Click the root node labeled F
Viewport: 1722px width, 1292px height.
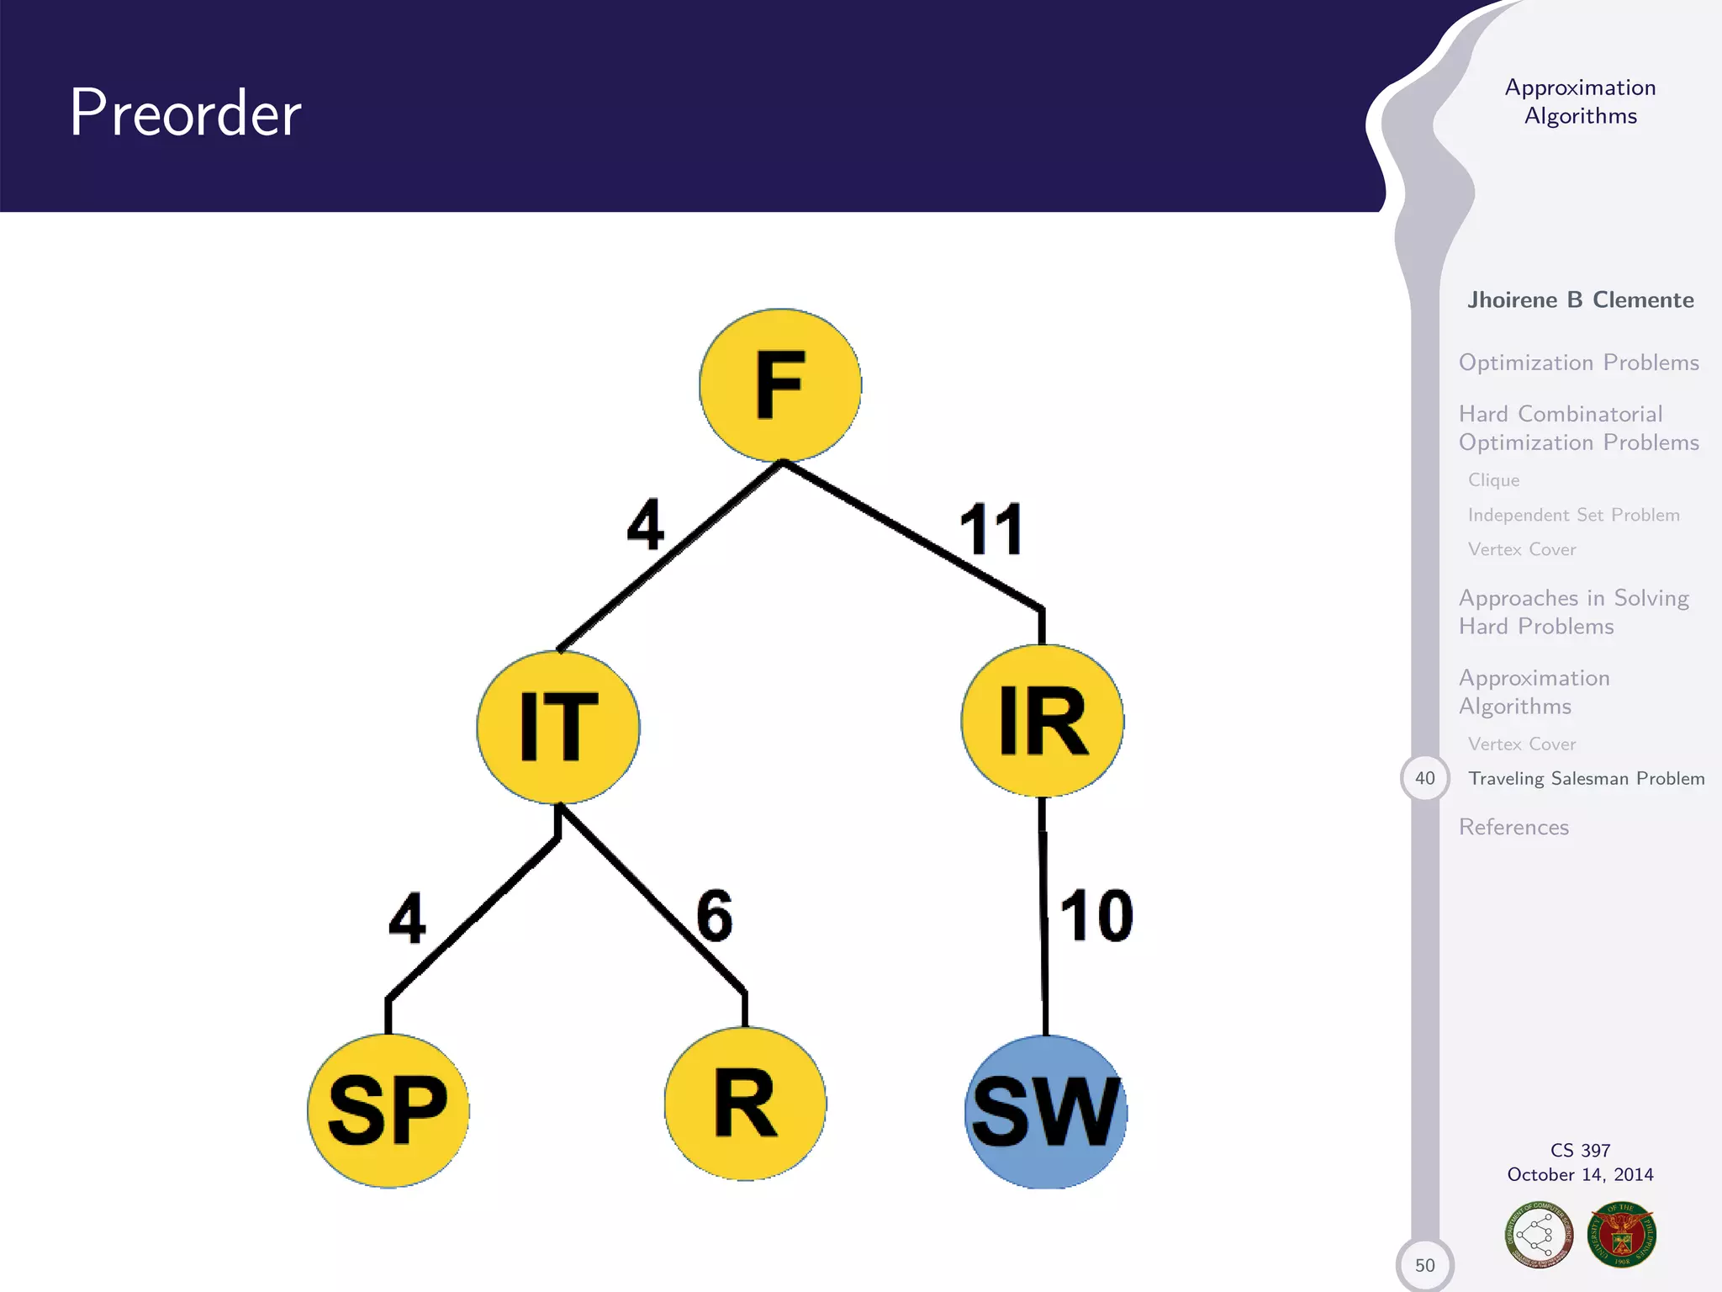click(x=780, y=384)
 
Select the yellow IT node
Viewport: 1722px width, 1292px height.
click(x=558, y=727)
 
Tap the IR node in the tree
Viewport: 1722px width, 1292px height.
click(x=1043, y=721)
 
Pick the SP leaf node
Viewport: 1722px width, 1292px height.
click(x=388, y=1110)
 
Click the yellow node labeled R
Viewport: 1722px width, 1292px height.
click(x=745, y=1104)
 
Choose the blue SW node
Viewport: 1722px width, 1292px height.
click(x=1046, y=1111)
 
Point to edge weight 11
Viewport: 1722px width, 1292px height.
click(x=991, y=530)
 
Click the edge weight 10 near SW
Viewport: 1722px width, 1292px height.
click(x=1096, y=915)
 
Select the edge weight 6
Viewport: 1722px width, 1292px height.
click(x=715, y=915)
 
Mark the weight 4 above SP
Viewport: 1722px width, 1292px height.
click(x=407, y=919)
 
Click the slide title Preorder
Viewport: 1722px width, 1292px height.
click(x=185, y=113)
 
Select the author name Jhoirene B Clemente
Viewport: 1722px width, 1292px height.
click(x=1580, y=300)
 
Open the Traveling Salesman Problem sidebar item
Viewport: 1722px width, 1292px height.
click(x=1586, y=779)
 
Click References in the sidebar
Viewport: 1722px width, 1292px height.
click(x=1513, y=828)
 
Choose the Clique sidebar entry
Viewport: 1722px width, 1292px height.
click(x=1493, y=480)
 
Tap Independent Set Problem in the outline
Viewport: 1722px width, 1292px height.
click(x=1573, y=515)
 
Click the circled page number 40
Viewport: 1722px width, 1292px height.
click(x=1424, y=778)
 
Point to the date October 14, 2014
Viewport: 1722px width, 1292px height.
click(x=1580, y=1175)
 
